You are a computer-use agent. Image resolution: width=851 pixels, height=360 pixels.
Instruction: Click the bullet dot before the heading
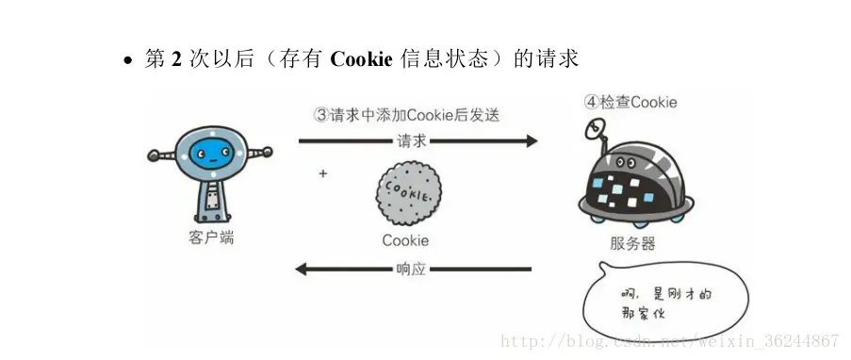(x=129, y=61)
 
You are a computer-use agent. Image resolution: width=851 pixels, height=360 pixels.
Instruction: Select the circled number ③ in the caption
(x=320, y=115)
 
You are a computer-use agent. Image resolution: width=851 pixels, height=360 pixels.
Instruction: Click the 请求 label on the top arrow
(x=412, y=141)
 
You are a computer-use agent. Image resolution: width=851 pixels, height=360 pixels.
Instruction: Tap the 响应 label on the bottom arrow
(x=411, y=269)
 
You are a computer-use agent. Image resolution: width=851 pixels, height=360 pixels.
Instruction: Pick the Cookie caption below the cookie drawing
(x=405, y=239)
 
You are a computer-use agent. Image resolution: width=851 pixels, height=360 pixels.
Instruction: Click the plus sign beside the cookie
(x=322, y=174)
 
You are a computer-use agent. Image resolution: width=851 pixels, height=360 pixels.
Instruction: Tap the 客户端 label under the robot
(x=210, y=238)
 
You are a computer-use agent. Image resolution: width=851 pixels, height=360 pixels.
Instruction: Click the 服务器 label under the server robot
(x=632, y=243)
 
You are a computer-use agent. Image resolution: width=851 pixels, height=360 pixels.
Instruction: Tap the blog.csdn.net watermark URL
(x=669, y=340)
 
